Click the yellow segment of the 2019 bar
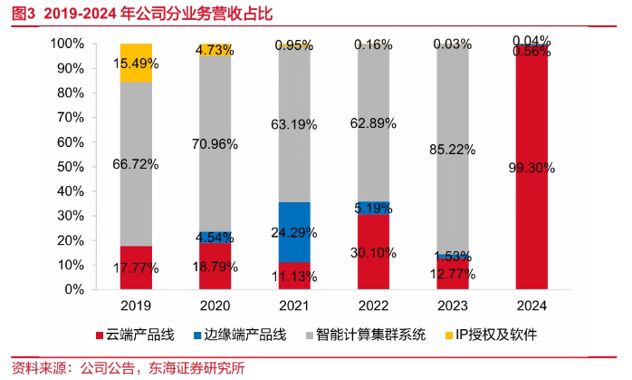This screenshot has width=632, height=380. (136, 62)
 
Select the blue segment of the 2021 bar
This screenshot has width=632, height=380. (293, 231)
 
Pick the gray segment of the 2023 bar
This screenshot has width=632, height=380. (452, 145)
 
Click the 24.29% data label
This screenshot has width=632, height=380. (293, 231)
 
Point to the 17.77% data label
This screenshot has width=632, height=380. (136, 268)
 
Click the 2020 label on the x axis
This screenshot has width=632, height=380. (215, 306)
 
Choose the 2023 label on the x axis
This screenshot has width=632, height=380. (452, 306)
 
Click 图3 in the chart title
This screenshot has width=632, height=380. (23, 13)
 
